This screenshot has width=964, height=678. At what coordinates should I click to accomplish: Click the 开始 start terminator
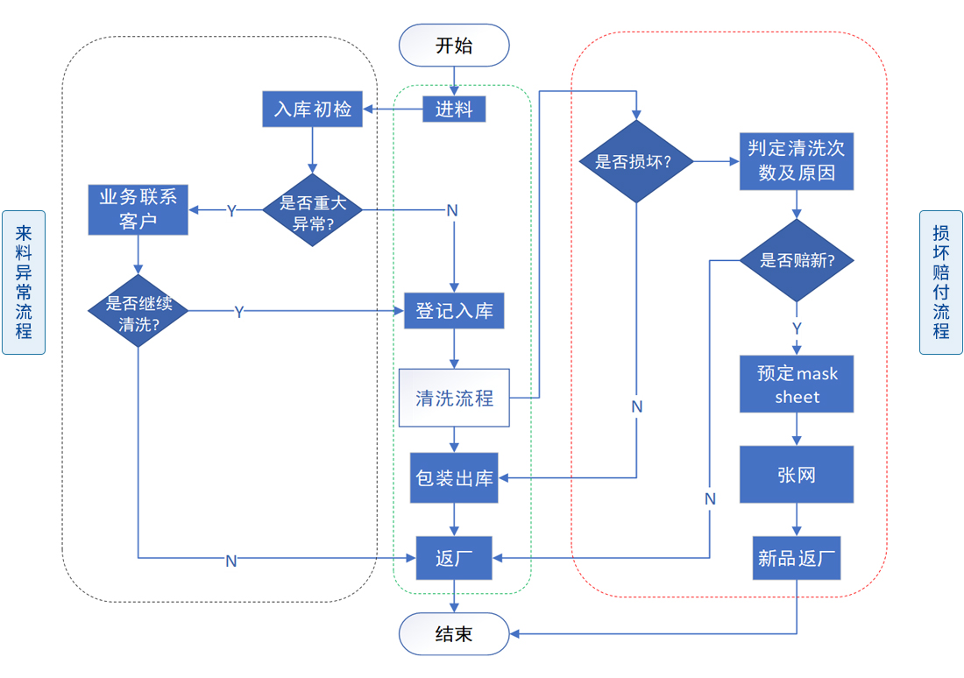454,46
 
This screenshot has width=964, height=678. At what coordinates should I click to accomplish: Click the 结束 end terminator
454,633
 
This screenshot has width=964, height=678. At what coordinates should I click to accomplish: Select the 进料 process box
454,109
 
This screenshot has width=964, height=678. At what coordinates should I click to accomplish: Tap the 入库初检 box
312,109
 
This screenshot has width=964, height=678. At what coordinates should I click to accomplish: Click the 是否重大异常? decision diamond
313,210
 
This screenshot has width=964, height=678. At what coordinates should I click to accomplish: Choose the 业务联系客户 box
138,209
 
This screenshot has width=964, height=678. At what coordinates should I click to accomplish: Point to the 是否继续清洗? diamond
138,310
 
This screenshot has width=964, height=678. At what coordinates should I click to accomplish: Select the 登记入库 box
454,310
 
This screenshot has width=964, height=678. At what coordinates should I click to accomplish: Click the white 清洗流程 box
454,398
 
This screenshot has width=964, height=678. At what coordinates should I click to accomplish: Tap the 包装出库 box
454,478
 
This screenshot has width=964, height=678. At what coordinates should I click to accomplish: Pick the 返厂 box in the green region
454,558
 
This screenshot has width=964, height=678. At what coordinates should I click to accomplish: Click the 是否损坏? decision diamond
637,161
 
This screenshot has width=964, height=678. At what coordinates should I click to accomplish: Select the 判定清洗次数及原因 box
797,161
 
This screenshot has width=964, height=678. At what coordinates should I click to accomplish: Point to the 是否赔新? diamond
797,260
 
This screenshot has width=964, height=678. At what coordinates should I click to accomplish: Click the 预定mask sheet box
797,385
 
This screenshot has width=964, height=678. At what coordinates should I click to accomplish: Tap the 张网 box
797,475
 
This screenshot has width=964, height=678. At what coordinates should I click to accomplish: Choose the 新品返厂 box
797,558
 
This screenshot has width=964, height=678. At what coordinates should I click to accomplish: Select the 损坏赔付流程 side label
940,282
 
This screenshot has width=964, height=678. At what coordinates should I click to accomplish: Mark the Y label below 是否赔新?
797,328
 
